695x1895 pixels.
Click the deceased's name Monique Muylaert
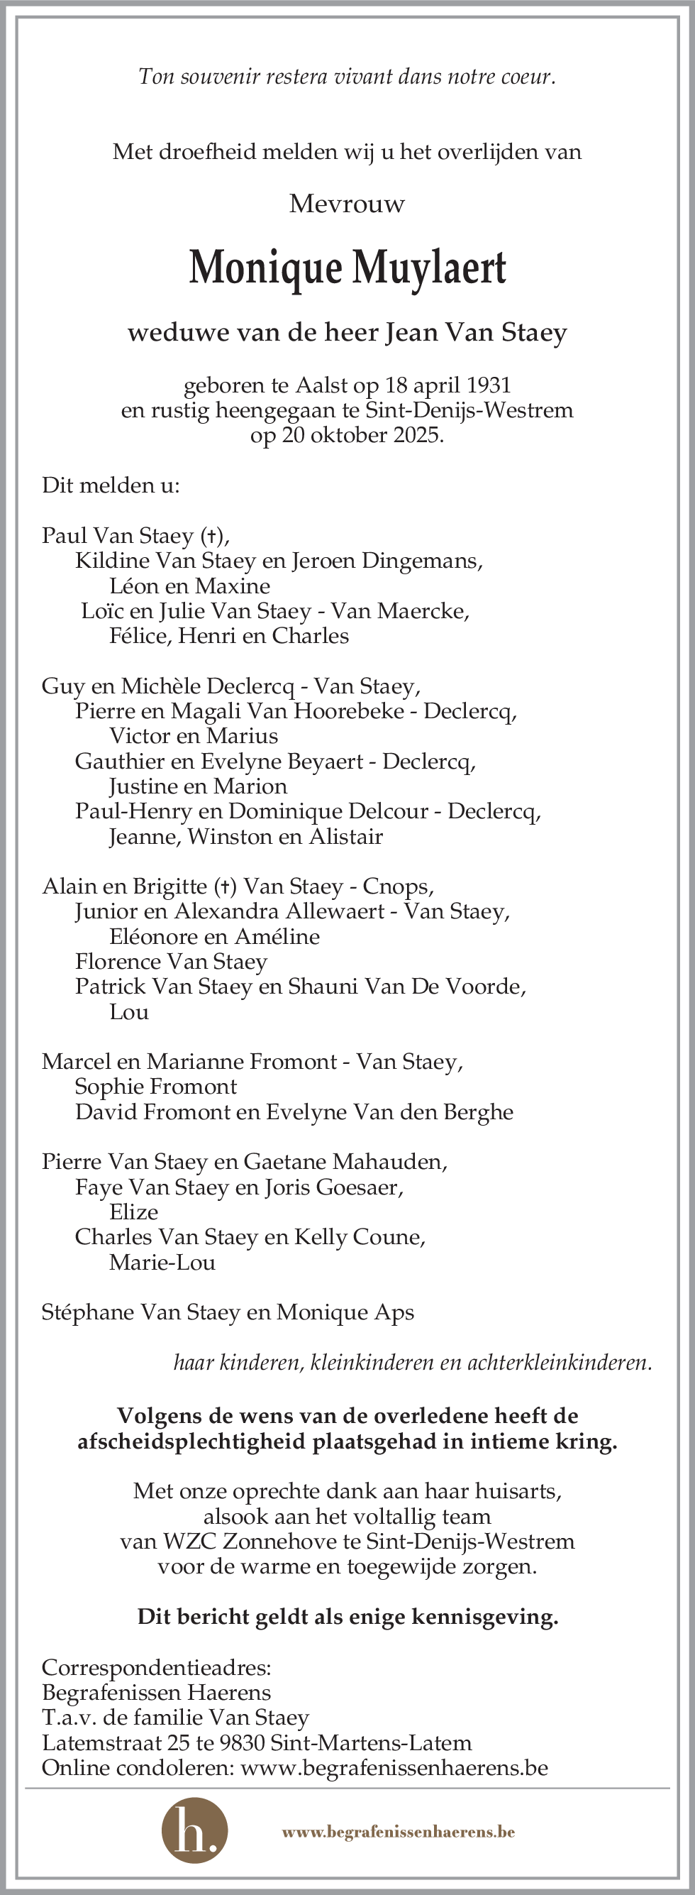[x=347, y=268]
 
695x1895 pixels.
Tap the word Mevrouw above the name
[x=347, y=204]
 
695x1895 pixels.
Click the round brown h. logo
[x=194, y=1832]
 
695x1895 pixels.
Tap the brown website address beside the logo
[x=398, y=1832]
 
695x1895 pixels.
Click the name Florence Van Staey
[x=171, y=962]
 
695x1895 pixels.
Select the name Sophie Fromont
[x=155, y=1087]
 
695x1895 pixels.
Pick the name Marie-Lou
[x=162, y=1263]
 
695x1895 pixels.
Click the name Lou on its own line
[x=128, y=1011]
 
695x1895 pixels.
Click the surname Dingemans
[x=423, y=561]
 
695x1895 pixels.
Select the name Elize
[x=133, y=1212]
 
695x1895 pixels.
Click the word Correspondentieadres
[x=156, y=1668]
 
